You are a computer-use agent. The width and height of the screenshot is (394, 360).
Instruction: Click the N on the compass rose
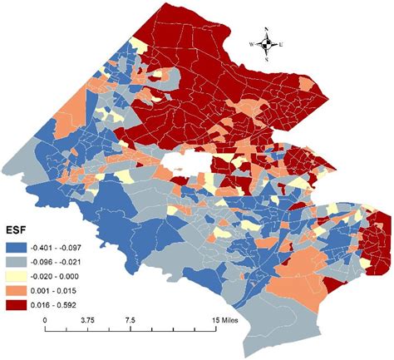coord(266,30)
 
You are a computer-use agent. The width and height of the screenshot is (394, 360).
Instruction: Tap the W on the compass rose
coord(252,44)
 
